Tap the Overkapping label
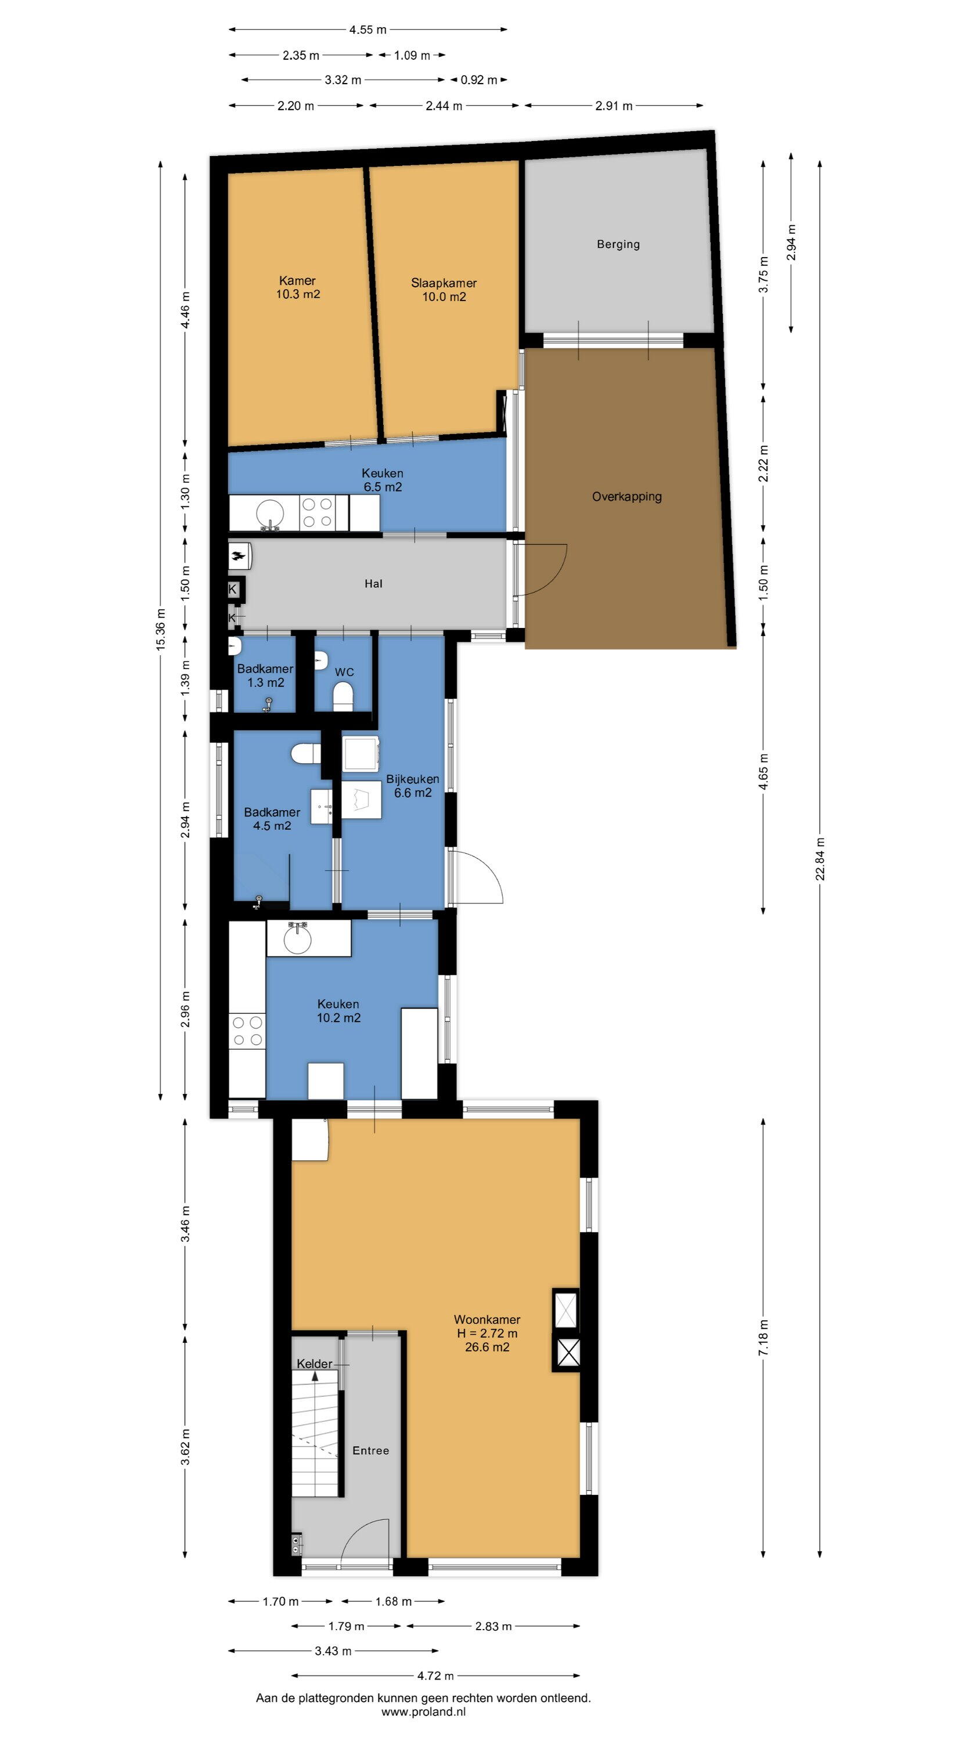click(x=626, y=497)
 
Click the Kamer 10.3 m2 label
click(x=298, y=287)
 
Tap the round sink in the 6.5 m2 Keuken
click(x=270, y=513)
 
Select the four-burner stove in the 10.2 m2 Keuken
click(x=247, y=1031)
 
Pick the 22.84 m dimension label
click(x=820, y=859)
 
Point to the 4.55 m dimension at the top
click(x=368, y=30)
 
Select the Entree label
click(x=370, y=1450)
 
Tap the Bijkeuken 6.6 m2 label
click(x=413, y=785)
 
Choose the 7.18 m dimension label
click(x=763, y=1338)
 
